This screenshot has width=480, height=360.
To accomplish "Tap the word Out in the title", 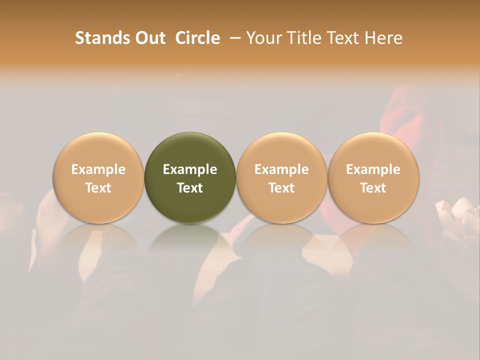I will tap(149, 38).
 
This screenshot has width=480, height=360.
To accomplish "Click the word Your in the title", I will tap(262, 38).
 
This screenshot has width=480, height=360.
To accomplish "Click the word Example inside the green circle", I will tap(190, 169).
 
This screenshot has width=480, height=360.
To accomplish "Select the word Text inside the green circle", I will tap(190, 188).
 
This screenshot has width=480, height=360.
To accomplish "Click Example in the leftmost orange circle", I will tap(98, 169).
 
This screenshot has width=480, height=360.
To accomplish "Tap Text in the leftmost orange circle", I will tap(98, 188).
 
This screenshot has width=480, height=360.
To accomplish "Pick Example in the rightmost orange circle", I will tap(373, 169).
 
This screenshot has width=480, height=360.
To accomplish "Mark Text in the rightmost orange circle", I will tap(373, 188).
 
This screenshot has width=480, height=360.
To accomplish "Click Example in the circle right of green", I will tap(281, 169).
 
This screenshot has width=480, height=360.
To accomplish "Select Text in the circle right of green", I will tap(281, 188).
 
